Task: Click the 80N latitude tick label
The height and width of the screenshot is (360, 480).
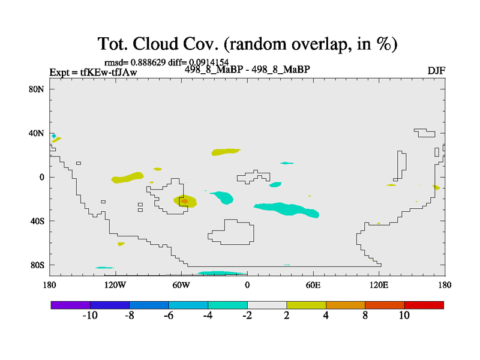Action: [37, 89]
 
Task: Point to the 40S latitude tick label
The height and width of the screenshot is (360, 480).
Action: [37, 221]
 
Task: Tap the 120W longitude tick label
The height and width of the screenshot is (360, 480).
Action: [115, 286]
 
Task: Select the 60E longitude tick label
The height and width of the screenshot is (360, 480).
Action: [313, 286]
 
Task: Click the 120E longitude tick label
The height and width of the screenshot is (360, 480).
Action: [379, 286]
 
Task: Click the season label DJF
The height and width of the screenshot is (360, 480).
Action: [436, 71]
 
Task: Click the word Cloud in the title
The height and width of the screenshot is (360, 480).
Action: [155, 44]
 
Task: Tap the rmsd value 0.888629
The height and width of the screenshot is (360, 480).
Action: [148, 62]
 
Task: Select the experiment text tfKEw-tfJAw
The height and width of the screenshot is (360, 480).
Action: [109, 72]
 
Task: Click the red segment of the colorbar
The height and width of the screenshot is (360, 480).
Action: [424, 305]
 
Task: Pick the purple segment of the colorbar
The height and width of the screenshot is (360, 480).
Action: [71, 305]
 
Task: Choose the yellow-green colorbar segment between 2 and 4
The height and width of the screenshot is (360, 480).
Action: [307, 305]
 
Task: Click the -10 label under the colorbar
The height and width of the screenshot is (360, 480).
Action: [90, 316]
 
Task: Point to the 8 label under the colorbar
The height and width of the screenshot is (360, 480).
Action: [365, 316]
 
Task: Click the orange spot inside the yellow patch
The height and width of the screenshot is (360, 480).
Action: [184, 201]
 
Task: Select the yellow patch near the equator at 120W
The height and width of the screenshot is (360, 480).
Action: [127, 178]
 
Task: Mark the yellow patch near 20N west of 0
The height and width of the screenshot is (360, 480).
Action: [226, 152]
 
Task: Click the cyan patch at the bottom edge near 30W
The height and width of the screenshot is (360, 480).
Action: [222, 273]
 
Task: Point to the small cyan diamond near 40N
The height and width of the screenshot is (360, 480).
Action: [54, 136]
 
